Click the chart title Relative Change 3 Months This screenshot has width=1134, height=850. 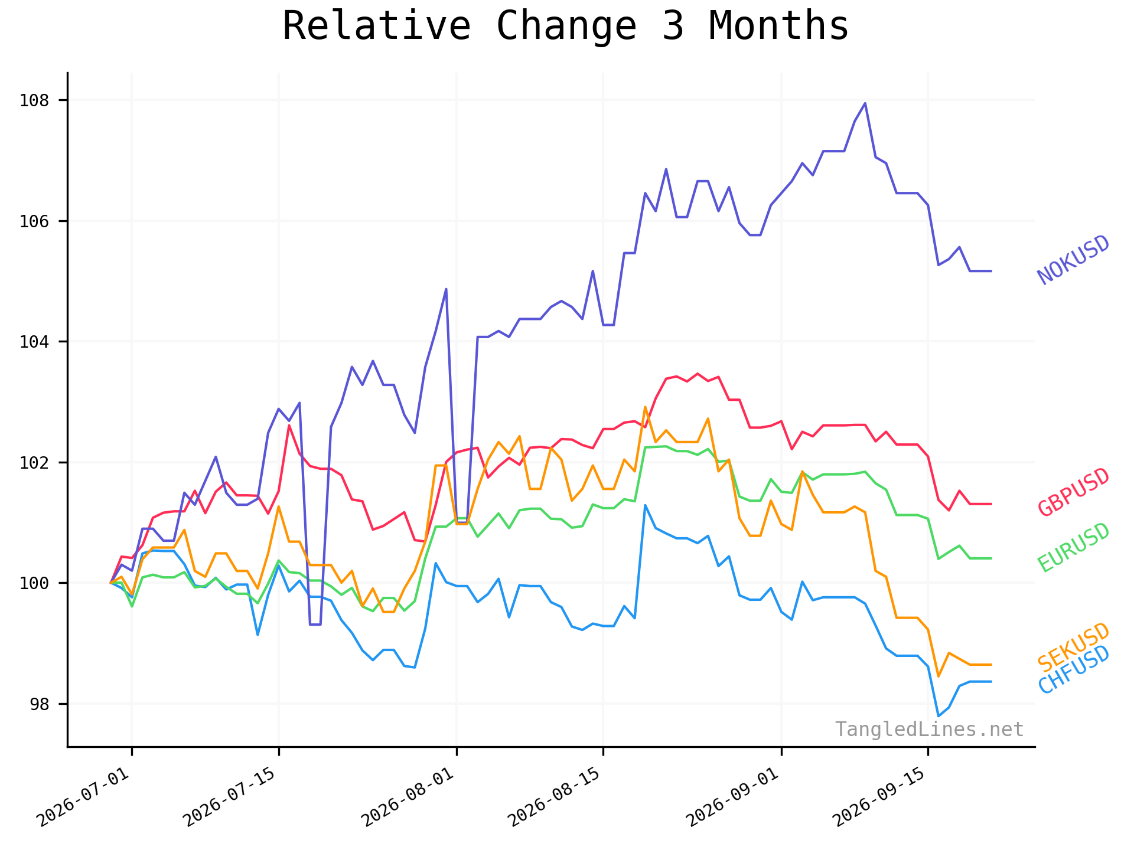pyautogui.click(x=565, y=27)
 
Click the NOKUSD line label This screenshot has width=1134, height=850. pyautogui.click(x=1074, y=260)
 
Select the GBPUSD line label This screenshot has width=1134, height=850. pyautogui.click(x=1074, y=492)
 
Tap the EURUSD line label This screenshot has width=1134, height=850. pyautogui.click(x=1074, y=548)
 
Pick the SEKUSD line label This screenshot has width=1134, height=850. pyautogui.click(x=1074, y=648)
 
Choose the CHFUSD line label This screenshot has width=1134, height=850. pyautogui.click(x=1074, y=670)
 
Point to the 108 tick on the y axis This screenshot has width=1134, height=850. pyautogui.click(x=34, y=100)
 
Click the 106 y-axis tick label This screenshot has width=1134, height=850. pyautogui.click(x=34, y=221)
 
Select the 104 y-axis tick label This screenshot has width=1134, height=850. pyautogui.click(x=34, y=342)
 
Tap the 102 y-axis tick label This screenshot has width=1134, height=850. pyautogui.click(x=34, y=463)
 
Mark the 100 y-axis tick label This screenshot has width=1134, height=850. pyautogui.click(x=34, y=583)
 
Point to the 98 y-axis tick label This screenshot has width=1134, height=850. pyautogui.click(x=40, y=704)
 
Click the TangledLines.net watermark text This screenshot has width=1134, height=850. pyautogui.click(x=929, y=730)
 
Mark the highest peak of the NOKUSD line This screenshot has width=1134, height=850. pyautogui.click(x=865, y=103)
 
